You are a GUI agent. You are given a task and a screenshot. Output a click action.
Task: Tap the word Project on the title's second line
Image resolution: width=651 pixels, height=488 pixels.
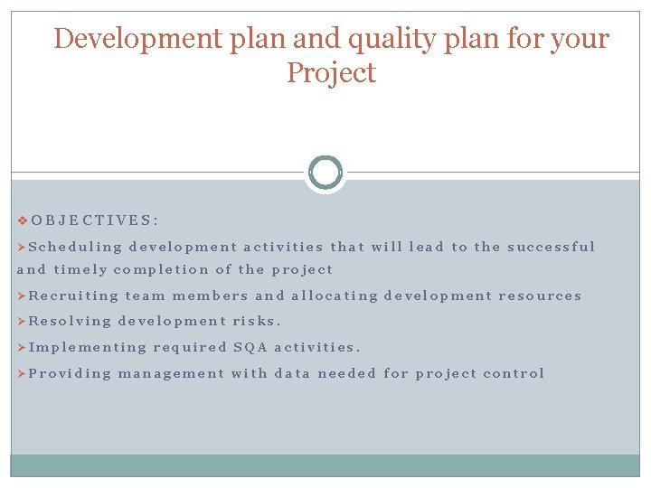331,72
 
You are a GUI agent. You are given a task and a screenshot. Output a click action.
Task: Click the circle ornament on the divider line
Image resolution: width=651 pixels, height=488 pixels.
325,172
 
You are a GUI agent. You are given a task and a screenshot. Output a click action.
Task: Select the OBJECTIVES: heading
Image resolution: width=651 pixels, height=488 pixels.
95,220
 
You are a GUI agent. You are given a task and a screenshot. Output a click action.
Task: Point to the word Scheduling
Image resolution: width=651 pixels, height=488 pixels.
75,247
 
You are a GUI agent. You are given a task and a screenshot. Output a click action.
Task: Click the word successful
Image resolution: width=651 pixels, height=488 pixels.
552,247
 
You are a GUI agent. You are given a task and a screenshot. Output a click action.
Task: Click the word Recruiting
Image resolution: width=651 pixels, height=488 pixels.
74,296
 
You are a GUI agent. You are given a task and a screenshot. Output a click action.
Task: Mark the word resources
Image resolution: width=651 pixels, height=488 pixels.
540,296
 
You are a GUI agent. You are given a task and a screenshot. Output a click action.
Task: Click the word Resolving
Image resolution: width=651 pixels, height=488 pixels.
70,321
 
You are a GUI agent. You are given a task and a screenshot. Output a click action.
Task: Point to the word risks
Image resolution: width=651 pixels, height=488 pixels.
257,321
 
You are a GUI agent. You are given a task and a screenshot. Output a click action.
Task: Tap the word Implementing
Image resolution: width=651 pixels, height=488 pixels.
88,347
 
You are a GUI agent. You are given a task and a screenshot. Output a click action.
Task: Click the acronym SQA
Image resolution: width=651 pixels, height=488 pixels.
250,347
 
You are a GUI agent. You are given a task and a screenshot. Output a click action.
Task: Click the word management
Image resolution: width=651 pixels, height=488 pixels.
170,373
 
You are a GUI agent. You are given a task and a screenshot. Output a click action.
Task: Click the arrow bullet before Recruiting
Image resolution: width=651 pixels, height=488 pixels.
23,296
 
